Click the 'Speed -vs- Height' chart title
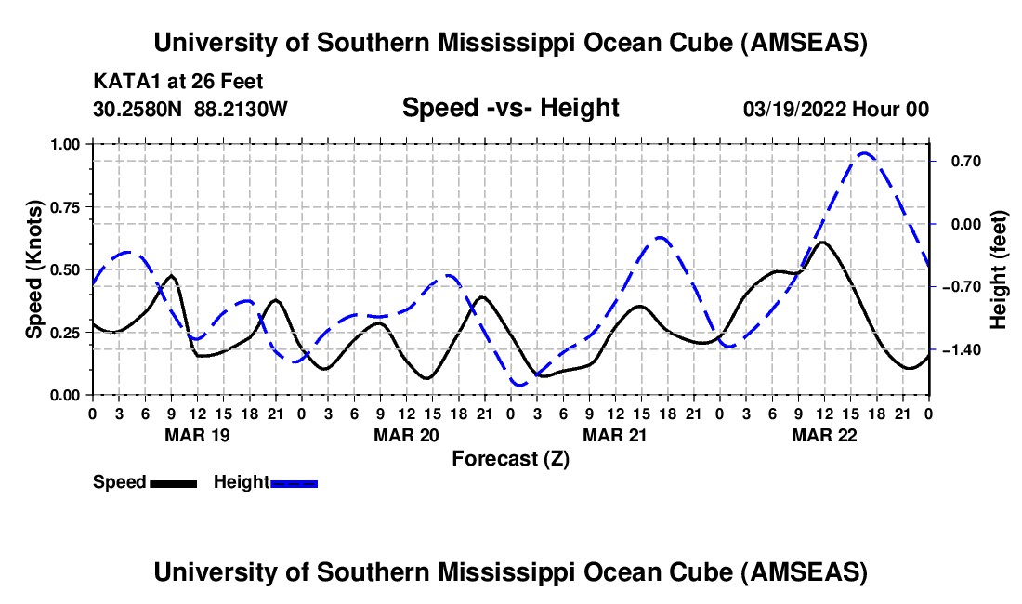[x=510, y=108]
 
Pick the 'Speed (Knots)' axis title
[x=34, y=269]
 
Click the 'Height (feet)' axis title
[x=999, y=269]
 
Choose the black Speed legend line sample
[x=173, y=482]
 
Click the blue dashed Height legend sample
[x=294, y=482]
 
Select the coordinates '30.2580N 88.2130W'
[x=190, y=109]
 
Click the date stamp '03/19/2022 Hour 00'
[x=836, y=109]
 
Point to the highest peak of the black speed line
[x=823, y=242]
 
